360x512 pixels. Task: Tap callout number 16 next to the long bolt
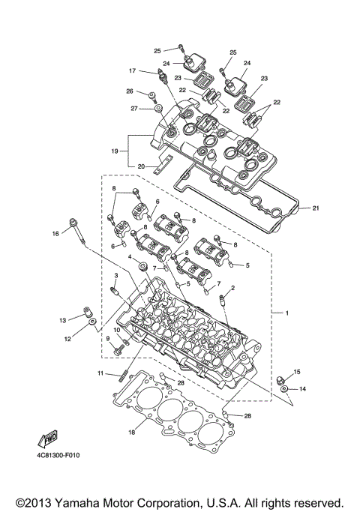tap(55, 234)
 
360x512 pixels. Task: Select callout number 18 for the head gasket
tap(132, 433)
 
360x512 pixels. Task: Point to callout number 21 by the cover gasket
tap(315, 208)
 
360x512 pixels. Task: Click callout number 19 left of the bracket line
tap(115, 151)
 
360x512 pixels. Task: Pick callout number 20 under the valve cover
tap(140, 166)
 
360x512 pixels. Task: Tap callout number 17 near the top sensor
tap(131, 71)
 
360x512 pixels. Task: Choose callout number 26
tap(129, 92)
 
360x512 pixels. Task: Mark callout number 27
tap(135, 109)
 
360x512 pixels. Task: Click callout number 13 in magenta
tap(64, 320)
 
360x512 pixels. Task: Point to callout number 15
tap(297, 372)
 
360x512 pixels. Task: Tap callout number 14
tap(303, 389)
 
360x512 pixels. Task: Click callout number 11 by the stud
tap(100, 373)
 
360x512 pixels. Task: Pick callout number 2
tap(232, 288)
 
